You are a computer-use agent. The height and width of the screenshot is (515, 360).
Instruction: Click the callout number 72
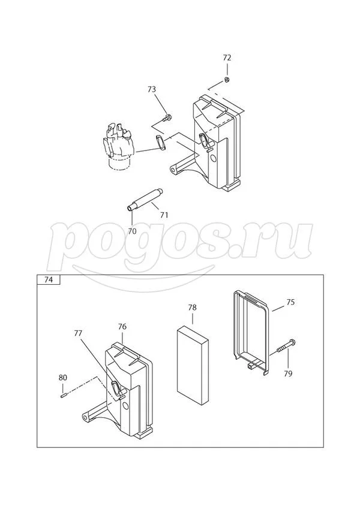tap(227, 58)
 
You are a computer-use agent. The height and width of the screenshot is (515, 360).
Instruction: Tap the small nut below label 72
tap(227, 79)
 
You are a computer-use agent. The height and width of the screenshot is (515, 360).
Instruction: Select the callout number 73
tap(152, 89)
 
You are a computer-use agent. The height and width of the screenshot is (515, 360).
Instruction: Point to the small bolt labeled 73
tap(167, 118)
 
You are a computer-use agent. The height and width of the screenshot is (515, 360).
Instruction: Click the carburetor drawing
tap(119, 146)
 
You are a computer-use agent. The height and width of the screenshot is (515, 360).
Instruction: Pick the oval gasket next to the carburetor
tap(160, 143)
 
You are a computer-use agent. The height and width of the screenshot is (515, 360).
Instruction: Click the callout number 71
tap(164, 215)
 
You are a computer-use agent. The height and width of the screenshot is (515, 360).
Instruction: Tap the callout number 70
tap(132, 231)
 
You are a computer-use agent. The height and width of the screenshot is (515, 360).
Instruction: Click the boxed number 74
tap(49, 280)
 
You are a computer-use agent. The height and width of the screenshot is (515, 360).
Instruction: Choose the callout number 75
tap(290, 302)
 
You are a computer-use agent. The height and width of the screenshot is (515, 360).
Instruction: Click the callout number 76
tap(122, 327)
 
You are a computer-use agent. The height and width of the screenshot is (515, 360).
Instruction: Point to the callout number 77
tap(78, 333)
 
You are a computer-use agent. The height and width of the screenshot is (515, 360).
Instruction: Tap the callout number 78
tap(193, 308)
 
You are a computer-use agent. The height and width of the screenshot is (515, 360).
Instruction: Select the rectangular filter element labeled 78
tap(193, 364)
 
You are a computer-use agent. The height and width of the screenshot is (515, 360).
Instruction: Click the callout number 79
tap(288, 374)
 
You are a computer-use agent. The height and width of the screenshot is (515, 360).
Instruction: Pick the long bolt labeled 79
tap(286, 346)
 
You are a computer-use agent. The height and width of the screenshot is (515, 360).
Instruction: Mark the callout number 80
tap(63, 377)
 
